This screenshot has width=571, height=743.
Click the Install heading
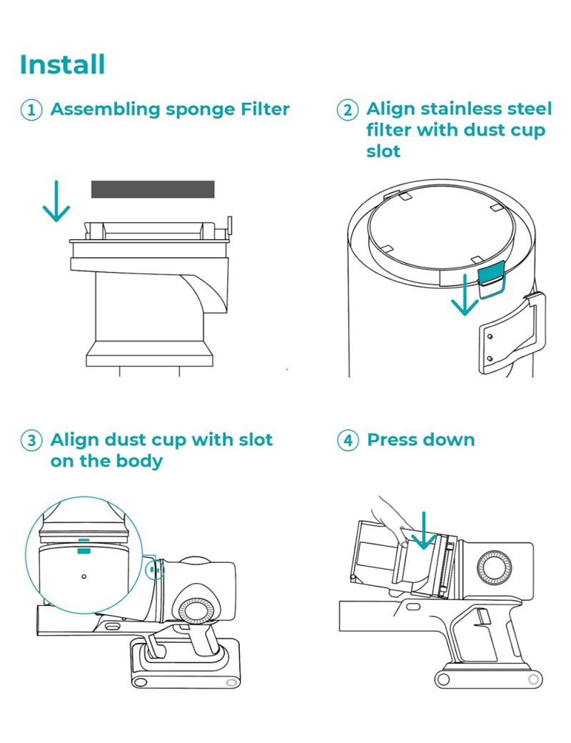point(63,64)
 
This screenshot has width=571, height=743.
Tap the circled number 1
point(31,110)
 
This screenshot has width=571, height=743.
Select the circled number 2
point(348,110)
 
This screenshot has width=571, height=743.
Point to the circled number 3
point(31,440)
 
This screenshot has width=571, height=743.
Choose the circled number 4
point(348,440)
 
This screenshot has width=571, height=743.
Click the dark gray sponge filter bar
point(153,189)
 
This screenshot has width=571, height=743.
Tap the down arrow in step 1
point(56,201)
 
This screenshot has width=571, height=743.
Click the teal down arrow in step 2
point(465,295)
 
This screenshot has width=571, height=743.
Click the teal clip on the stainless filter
point(489,274)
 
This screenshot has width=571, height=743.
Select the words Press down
point(420,439)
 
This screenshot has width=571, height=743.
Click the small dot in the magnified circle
point(84,576)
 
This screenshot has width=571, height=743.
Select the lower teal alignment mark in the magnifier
point(84,551)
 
